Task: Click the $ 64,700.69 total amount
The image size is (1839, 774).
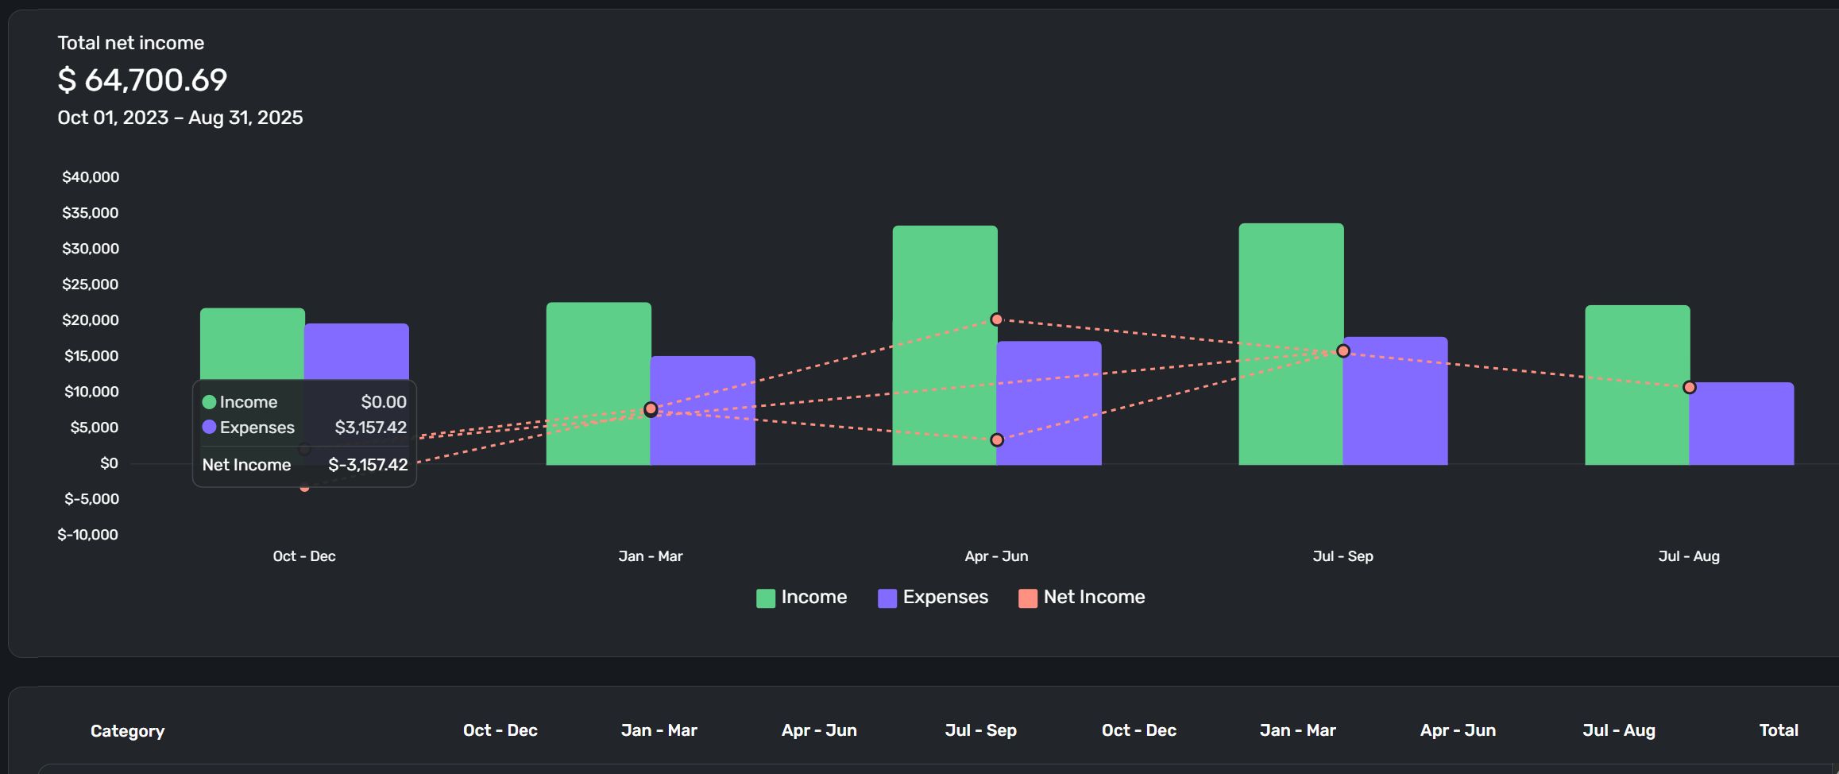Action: pos(142,79)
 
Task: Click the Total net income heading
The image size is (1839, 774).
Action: pos(131,43)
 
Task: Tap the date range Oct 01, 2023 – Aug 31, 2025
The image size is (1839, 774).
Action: pos(180,118)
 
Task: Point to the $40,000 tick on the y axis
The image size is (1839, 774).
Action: pos(91,177)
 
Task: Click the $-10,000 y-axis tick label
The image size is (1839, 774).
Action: pos(88,535)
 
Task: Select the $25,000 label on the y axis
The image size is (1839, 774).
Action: pos(91,284)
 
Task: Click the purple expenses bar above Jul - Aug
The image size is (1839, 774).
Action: pos(1741,425)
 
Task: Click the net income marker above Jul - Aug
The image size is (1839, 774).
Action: pos(1690,388)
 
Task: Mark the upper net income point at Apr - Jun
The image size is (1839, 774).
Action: pos(997,319)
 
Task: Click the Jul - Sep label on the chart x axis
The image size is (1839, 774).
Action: pos(1343,556)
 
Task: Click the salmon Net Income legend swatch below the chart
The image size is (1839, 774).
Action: pos(1028,598)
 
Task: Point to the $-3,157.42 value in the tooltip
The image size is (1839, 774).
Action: pos(368,465)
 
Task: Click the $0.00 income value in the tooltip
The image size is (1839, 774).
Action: pos(384,402)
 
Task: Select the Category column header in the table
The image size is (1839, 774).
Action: pos(128,731)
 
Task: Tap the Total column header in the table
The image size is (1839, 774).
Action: pos(1779,730)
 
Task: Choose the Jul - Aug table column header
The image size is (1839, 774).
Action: pos(1619,730)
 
